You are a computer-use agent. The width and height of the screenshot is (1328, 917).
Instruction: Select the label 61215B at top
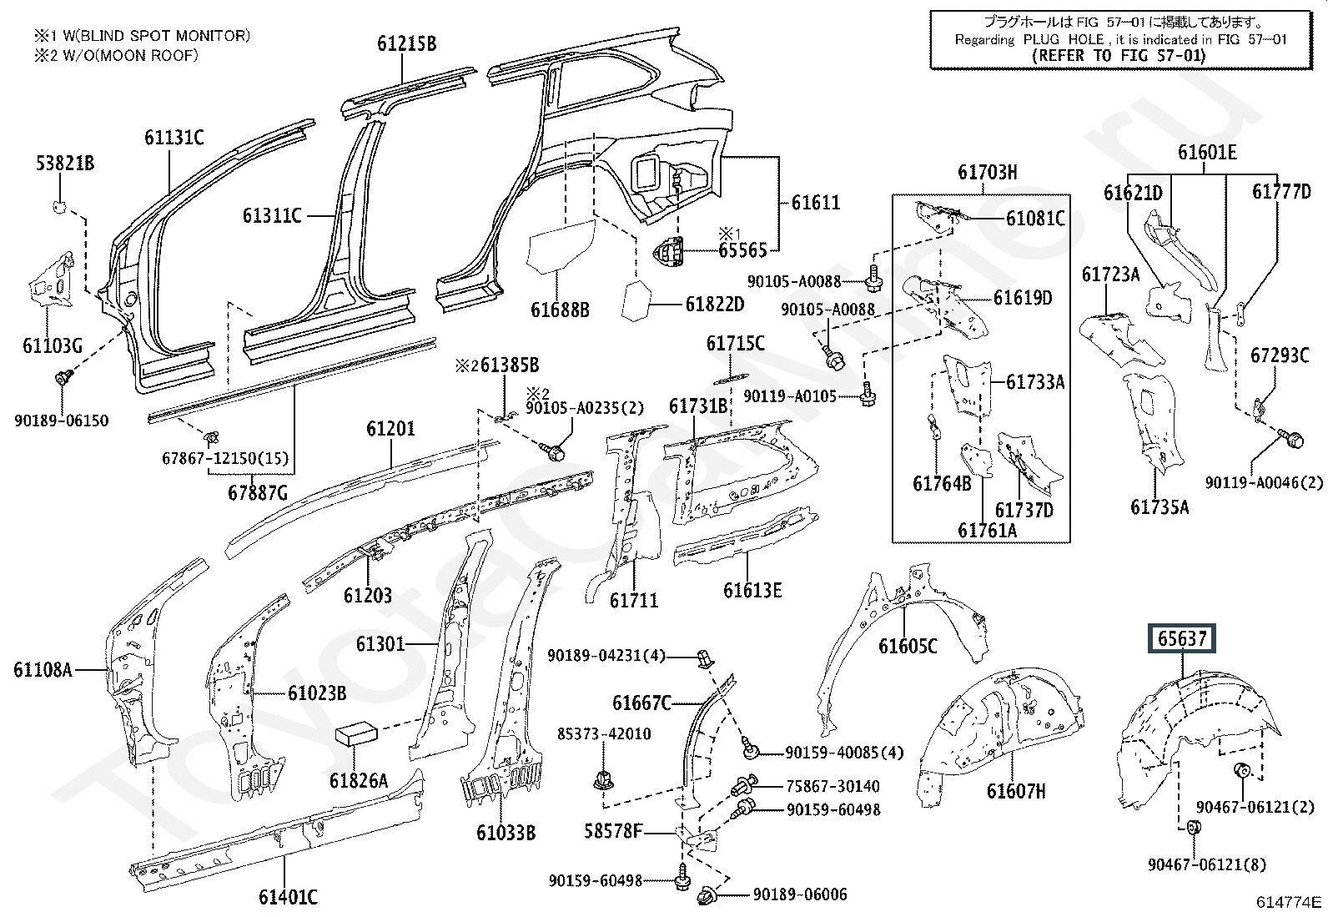click(406, 43)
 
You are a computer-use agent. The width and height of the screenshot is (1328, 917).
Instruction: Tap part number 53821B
click(64, 164)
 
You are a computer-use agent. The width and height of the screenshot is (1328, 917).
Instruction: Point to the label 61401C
click(288, 897)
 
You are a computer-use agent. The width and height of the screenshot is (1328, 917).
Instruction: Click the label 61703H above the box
click(987, 173)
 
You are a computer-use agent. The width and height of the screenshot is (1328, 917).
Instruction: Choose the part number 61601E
click(1207, 153)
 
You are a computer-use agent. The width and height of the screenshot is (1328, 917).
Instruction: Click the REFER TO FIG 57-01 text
click(1119, 56)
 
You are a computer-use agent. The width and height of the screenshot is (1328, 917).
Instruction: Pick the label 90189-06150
click(61, 421)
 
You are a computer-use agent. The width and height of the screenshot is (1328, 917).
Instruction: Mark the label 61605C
click(908, 646)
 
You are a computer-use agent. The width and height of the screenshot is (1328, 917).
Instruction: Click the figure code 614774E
click(1290, 902)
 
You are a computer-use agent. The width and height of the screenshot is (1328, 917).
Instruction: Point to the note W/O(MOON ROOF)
click(116, 55)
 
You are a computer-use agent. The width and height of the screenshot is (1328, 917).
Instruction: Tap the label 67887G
click(258, 492)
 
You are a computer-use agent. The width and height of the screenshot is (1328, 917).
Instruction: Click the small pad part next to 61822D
click(639, 301)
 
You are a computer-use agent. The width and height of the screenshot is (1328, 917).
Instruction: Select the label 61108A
click(43, 669)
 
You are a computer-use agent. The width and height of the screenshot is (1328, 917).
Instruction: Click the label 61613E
click(752, 591)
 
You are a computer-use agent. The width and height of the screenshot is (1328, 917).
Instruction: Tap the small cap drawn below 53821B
click(59, 205)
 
